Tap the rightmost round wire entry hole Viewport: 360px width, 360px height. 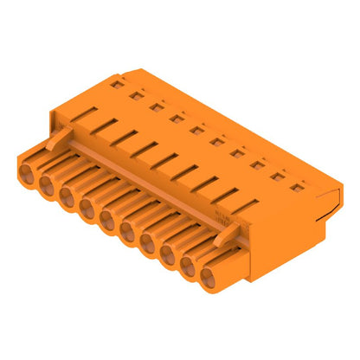[209, 279]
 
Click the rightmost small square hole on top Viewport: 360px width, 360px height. [296, 183]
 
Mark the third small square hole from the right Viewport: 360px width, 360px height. [256, 162]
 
